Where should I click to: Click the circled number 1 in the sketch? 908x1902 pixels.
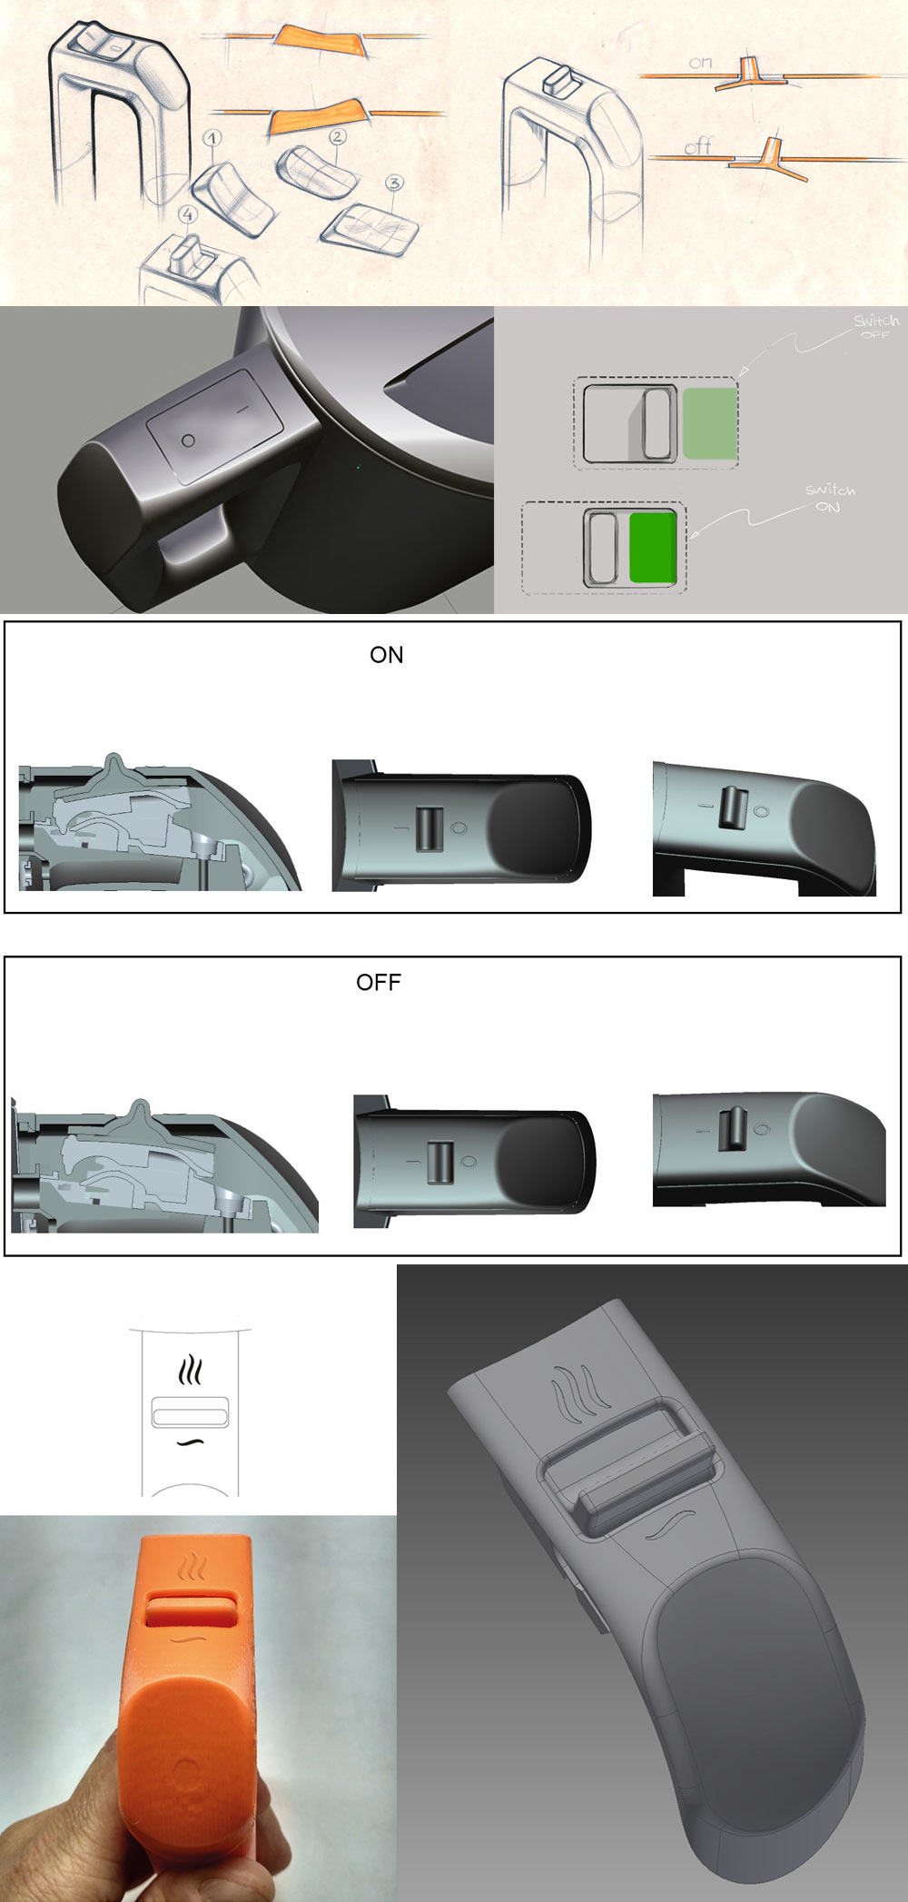[212, 139]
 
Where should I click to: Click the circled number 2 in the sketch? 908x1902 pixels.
[338, 137]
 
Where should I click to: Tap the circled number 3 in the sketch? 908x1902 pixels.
[393, 183]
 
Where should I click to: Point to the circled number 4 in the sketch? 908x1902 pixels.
[188, 214]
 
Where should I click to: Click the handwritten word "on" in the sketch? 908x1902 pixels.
[700, 63]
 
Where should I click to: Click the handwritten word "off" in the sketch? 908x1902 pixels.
[698, 145]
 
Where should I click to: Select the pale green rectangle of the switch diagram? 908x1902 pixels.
[708, 422]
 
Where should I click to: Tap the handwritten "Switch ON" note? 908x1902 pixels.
[830, 498]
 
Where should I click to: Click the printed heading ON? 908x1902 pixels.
[386, 655]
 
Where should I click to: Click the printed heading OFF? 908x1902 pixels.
[379, 982]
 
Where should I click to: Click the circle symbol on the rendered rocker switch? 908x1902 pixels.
[188, 440]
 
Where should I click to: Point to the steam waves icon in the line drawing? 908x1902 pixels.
[190, 1371]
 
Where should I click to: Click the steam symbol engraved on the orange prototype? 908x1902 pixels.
[194, 1569]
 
